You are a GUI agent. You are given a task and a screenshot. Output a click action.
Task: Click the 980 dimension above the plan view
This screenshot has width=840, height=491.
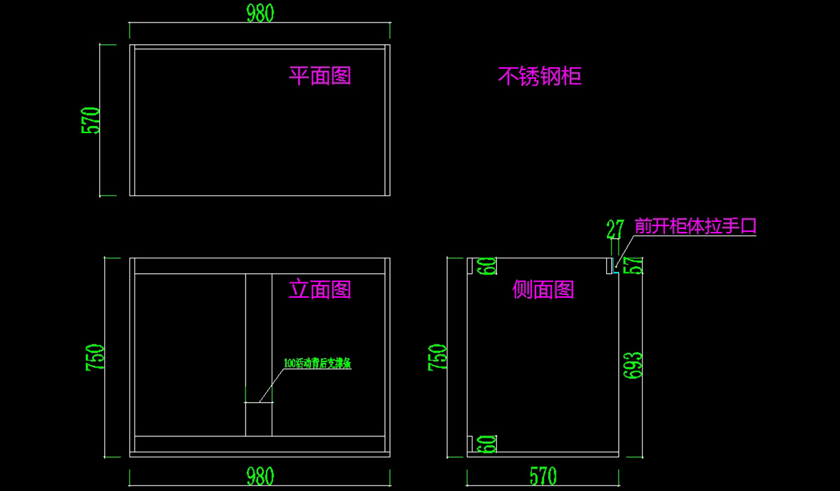coord(259,13)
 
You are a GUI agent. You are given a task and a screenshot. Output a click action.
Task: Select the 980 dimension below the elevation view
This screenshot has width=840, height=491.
coord(259,476)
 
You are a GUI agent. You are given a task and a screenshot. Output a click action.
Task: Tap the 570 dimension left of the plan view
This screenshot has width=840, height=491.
coord(92,120)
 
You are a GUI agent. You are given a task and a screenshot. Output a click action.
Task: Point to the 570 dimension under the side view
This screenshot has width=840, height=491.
coord(542,476)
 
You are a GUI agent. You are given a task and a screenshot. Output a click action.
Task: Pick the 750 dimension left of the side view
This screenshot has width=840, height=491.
coord(437,357)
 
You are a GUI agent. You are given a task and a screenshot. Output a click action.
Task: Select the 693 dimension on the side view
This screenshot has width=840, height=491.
coord(633,364)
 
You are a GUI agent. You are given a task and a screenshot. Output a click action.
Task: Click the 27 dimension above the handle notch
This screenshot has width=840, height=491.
coord(615,229)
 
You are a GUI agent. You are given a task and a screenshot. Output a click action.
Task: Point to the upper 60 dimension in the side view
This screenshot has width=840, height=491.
coord(487,266)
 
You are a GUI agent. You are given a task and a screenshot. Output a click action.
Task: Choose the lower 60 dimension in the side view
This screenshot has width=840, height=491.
coord(487,444)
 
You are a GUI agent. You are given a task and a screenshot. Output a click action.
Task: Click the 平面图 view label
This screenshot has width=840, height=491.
coord(320,76)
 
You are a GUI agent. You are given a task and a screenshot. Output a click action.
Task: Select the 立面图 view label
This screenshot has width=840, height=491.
coord(320,289)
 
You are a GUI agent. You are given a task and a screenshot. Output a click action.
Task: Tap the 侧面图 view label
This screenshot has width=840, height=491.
coord(543,289)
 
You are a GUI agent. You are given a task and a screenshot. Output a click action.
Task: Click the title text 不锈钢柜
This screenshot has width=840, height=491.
coord(540,76)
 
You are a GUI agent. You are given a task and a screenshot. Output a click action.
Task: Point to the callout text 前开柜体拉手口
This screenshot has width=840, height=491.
coord(695,226)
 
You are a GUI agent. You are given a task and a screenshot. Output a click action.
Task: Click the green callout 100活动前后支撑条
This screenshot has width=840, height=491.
coord(317,364)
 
